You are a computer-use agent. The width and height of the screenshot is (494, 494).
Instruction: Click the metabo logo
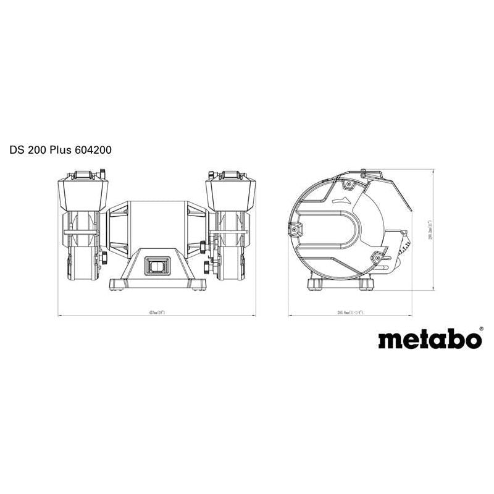[429, 340]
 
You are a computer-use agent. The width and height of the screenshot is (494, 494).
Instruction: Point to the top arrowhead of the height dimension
[430, 170]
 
